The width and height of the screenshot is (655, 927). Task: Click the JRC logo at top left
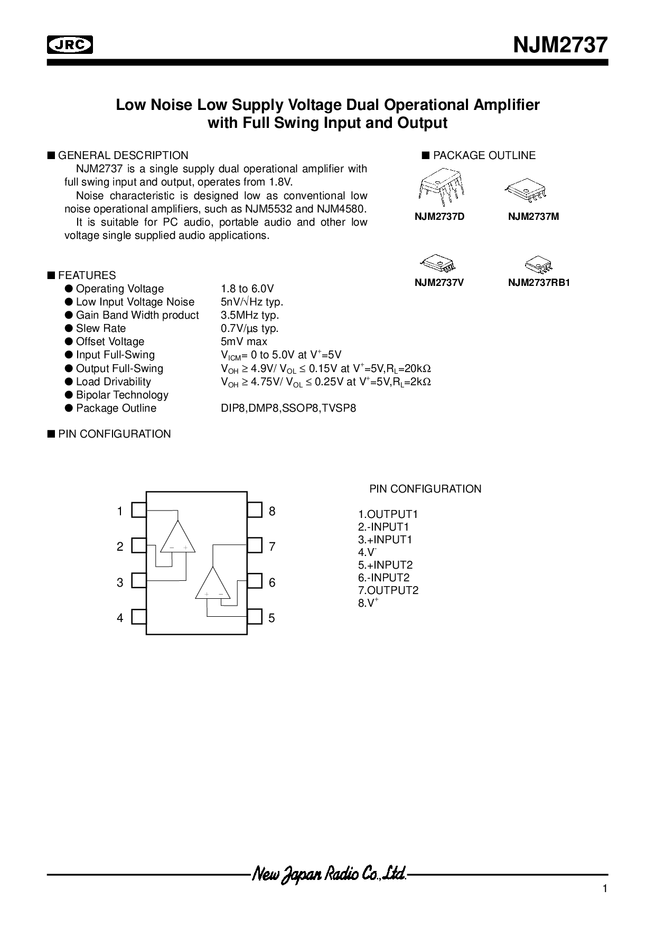pos(70,45)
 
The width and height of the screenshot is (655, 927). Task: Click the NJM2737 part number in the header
pos(561,45)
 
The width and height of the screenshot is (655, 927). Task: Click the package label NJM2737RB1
pos(539,283)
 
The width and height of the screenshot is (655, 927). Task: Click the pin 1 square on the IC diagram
pos(139,510)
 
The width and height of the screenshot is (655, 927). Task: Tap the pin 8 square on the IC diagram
pos(255,510)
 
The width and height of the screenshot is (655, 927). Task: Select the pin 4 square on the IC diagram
pos(139,617)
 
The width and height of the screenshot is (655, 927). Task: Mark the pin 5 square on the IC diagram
pos(255,617)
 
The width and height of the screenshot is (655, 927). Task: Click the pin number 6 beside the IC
pos(272,582)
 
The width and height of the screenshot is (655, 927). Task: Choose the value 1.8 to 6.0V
pos(247,289)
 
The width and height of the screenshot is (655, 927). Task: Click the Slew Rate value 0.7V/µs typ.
pos(250,329)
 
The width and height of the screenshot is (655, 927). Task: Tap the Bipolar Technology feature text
pos(122,395)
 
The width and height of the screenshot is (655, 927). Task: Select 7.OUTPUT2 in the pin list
pos(388,590)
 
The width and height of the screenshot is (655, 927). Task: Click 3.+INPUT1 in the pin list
pos(385,540)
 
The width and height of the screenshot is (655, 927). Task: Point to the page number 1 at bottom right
pos(605,889)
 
